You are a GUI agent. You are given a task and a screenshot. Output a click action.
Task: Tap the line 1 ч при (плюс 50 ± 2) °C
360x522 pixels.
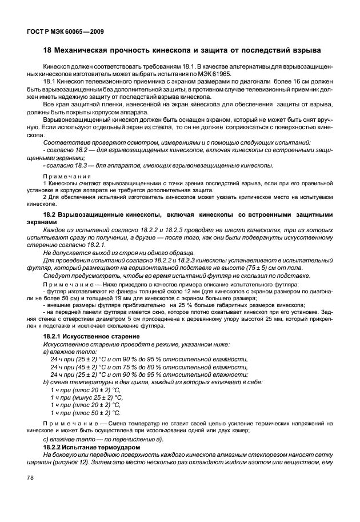pos(86,412)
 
